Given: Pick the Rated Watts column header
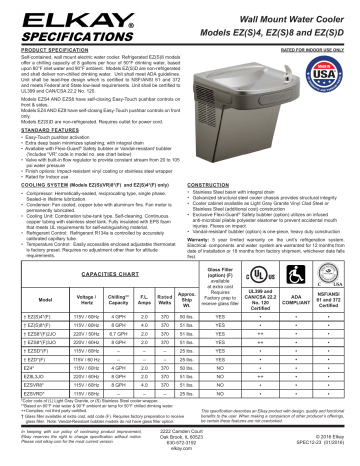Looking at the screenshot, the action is click(x=163, y=299).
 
